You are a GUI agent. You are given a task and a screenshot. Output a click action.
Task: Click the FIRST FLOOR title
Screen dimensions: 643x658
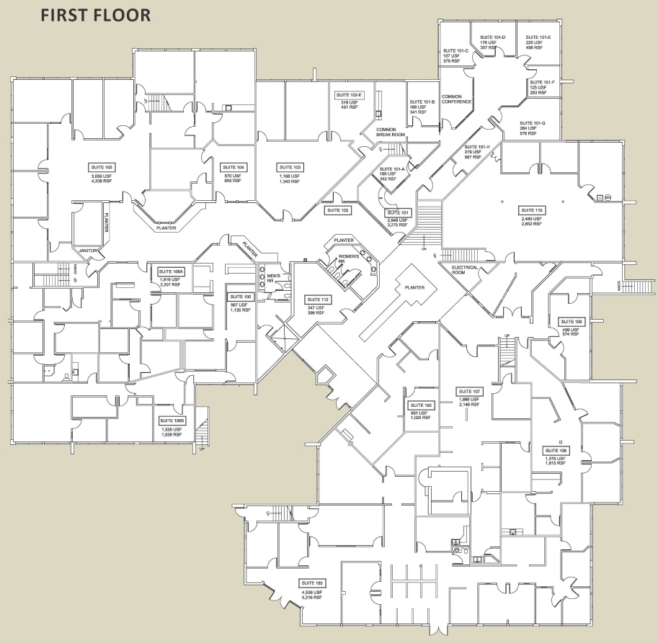(x=95, y=15)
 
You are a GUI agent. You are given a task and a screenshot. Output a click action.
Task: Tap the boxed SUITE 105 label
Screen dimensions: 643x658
(x=102, y=167)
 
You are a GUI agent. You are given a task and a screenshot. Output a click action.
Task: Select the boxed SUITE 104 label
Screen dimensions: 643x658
(x=234, y=167)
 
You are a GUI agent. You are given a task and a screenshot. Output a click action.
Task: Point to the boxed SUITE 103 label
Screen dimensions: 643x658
(x=290, y=167)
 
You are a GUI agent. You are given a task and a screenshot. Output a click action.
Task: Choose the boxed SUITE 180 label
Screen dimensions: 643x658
(x=313, y=583)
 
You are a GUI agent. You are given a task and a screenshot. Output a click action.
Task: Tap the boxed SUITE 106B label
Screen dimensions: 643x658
(x=172, y=420)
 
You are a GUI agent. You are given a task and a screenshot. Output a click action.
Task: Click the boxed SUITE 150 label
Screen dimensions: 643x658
(x=422, y=405)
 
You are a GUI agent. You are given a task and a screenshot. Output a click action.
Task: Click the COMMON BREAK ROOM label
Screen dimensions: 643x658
(x=391, y=132)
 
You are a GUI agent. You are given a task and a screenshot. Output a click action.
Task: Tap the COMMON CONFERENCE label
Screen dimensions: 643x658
(x=456, y=99)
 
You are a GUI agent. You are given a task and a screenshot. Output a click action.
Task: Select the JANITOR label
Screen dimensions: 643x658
(x=88, y=251)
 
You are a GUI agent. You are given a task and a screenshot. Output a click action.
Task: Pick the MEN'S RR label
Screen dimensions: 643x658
(x=274, y=279)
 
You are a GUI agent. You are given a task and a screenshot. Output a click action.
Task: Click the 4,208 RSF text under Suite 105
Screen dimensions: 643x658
(x=102, y=181)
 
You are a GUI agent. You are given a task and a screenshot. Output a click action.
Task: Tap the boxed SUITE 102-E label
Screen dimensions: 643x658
(x=350, y=95)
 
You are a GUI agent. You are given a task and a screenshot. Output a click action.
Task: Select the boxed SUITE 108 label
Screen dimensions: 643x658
(x=556, y=450)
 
